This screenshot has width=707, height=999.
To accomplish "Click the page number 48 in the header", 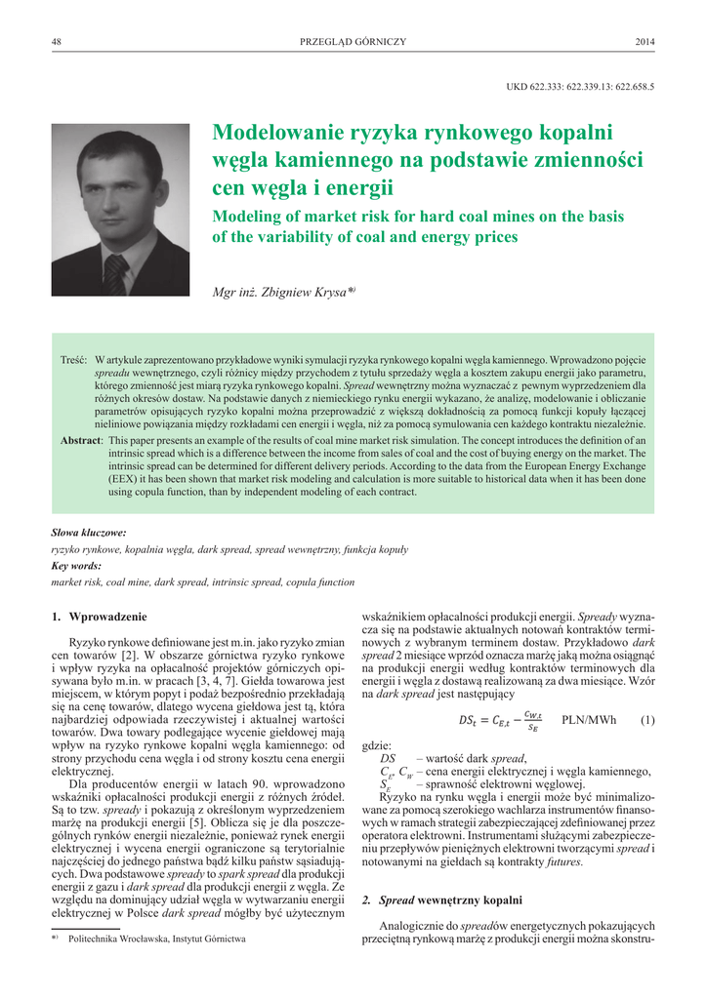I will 56,42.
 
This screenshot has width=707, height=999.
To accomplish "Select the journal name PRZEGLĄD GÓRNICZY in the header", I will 353,42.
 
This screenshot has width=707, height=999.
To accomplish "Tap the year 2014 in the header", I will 645,42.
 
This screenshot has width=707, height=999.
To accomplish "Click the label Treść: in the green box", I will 75,360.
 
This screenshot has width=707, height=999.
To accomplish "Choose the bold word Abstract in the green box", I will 81,441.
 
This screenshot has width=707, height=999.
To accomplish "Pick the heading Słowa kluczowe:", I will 88,533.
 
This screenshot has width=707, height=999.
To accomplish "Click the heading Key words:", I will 75,565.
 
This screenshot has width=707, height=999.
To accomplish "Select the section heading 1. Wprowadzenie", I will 99,617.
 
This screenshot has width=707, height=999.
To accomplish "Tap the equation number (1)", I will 646,720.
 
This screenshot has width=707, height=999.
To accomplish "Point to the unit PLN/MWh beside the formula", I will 589,720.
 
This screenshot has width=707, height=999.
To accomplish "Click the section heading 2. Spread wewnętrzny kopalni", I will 441,899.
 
